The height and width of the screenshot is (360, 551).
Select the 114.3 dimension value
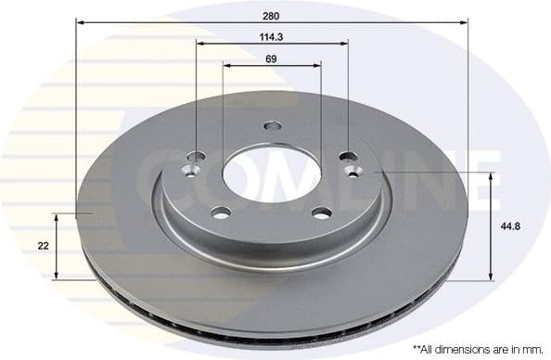[x=271, y=36]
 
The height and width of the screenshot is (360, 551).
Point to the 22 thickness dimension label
[x=43, y=246]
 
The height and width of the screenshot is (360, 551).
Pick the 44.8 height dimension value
[x=510, y=225]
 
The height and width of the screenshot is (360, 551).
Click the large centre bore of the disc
[x=271, y=173]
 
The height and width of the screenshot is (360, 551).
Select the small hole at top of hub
[x=271, y=126]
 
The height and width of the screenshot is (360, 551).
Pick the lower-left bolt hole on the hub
[x=220, y=212]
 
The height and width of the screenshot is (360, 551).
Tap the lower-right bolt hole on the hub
[x=321, y=212]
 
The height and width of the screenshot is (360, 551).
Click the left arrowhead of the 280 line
[x=81, y=22]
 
